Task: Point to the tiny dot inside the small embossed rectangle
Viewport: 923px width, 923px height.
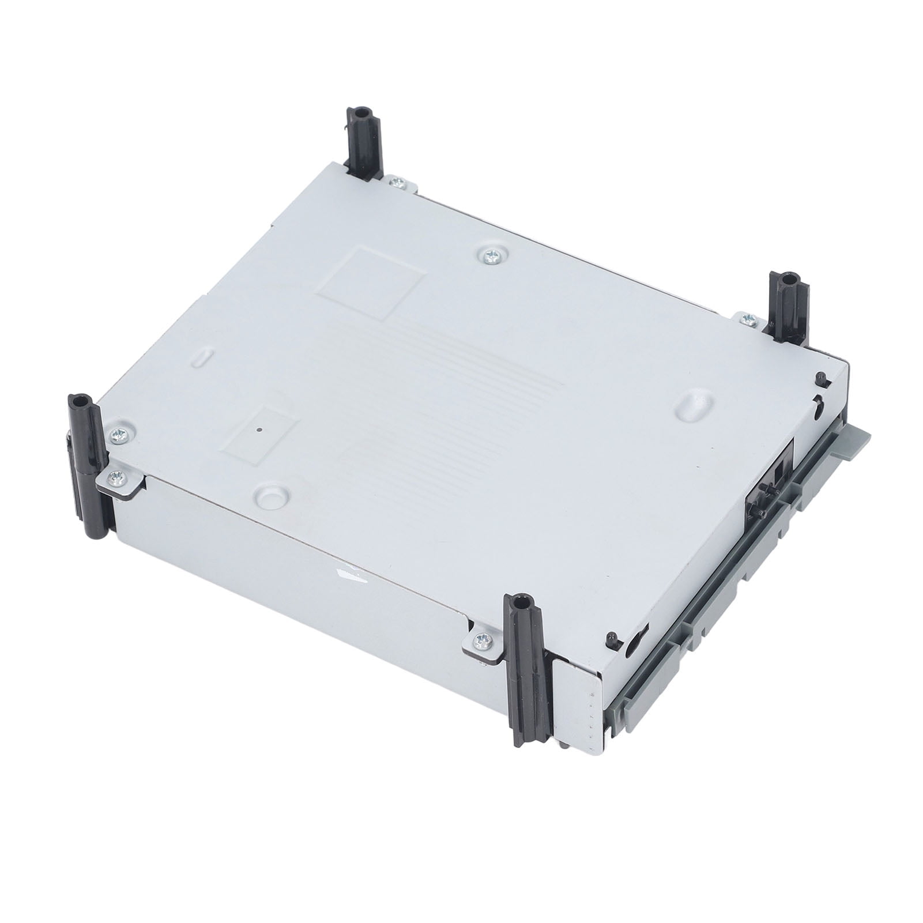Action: (x=261, y=429)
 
